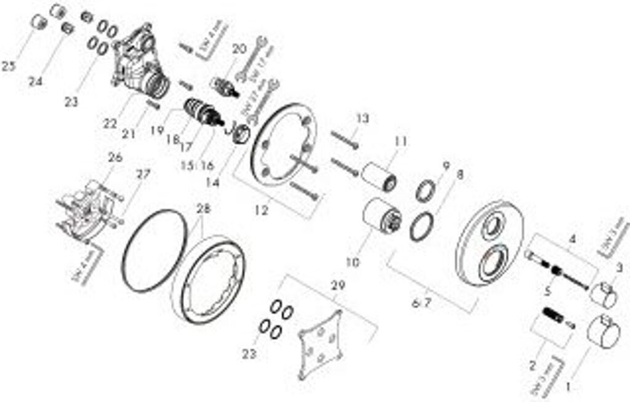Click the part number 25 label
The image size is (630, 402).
[9, 66]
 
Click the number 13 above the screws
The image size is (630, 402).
[362, 118]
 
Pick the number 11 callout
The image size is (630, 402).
[402, 142]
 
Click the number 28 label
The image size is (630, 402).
[203, 209]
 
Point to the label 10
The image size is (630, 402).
[353, 263]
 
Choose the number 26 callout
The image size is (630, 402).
[115, 158]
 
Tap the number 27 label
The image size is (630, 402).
[143, 175]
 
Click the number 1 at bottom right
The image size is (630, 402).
[568, 387]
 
